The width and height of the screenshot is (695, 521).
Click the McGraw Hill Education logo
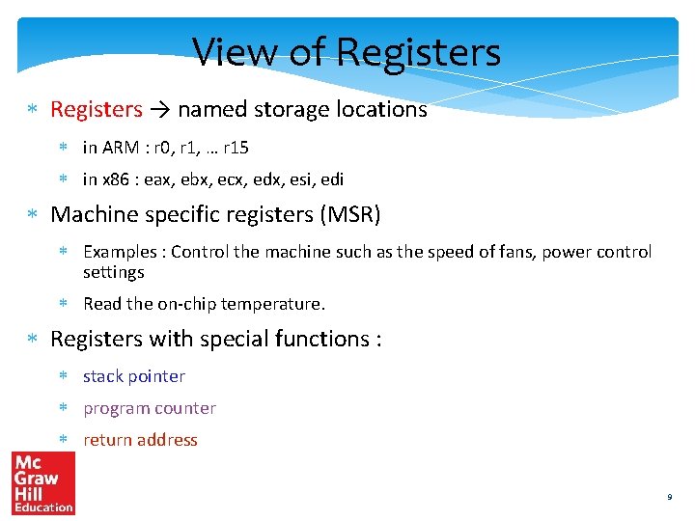[x=42, y=482]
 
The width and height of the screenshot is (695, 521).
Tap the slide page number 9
[x=669, y=498]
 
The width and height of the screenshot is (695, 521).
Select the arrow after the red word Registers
[x=159, y=110]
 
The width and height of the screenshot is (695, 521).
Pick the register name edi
[x=330, y=179]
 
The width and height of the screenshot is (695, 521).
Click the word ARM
[x=119, y=148]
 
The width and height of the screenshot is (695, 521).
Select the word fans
[x=513, y=252]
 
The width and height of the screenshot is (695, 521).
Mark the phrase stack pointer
[x=133, y=376]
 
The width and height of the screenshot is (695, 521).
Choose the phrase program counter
[x=149, y=408]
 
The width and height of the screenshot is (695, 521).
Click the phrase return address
[x=140, y=440]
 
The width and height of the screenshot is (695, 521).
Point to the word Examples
[x=122, y=252]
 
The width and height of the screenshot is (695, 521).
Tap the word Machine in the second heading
[x=93, y=214]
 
